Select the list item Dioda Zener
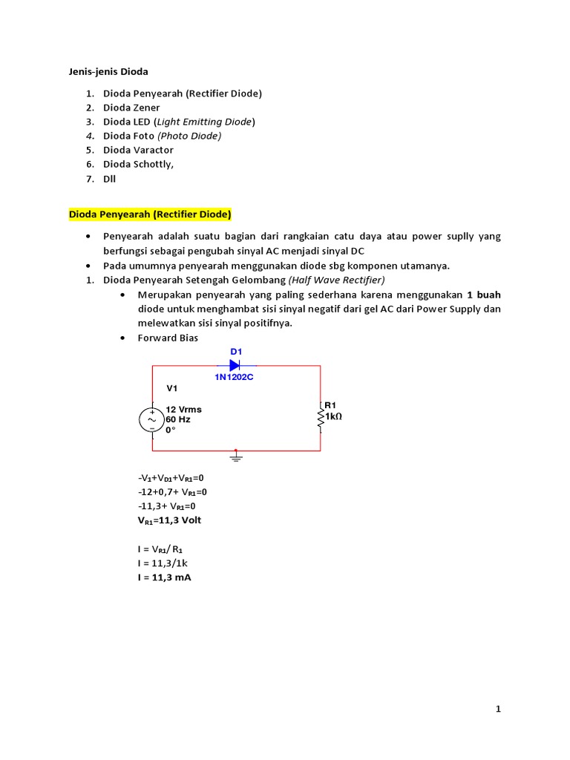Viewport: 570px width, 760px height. [131, 108]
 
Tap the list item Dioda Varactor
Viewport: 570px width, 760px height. [138, 150]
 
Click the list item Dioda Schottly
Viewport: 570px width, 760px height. [138, 164]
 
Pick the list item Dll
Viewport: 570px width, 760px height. [110, 178]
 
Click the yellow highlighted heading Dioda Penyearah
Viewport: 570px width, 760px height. [150, 214]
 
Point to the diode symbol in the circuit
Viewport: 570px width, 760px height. [235, 365]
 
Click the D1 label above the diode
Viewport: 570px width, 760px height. [236, 350]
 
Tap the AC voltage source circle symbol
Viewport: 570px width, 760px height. [152, 419]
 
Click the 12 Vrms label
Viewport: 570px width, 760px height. [183, 409]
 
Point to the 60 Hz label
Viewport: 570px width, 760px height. [178, 419]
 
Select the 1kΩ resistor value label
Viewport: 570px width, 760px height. [333, 416]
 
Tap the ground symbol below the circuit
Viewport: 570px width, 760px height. [236, 457]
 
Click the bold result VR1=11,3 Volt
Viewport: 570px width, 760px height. [169, 520]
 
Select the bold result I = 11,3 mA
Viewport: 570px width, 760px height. [164, 577]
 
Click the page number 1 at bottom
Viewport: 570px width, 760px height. [499, 710]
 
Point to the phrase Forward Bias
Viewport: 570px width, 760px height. [168, 338]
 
